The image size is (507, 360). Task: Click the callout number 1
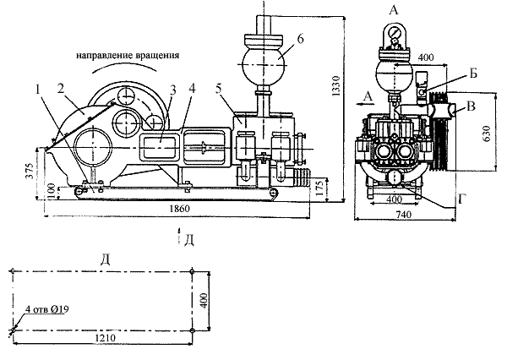(39, 86)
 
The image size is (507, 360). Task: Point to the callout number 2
(60, 86)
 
